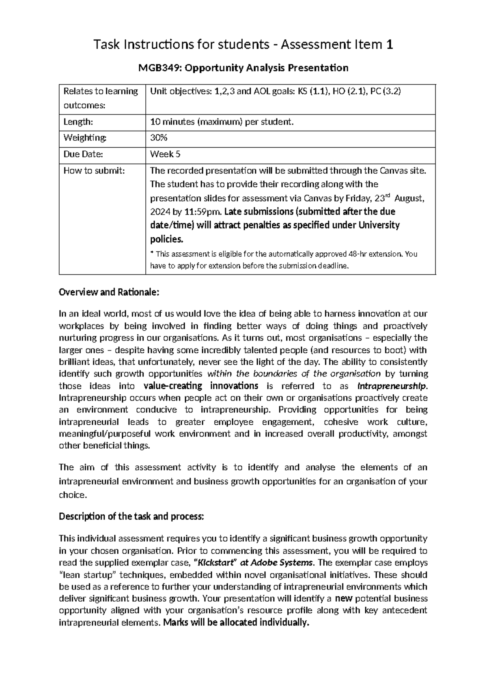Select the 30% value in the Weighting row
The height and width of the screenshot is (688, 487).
pos(158,138)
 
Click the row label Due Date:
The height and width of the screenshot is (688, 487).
pos(78,154)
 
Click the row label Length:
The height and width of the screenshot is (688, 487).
pos(75,122)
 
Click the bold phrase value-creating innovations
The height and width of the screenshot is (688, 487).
pos(201,386)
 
